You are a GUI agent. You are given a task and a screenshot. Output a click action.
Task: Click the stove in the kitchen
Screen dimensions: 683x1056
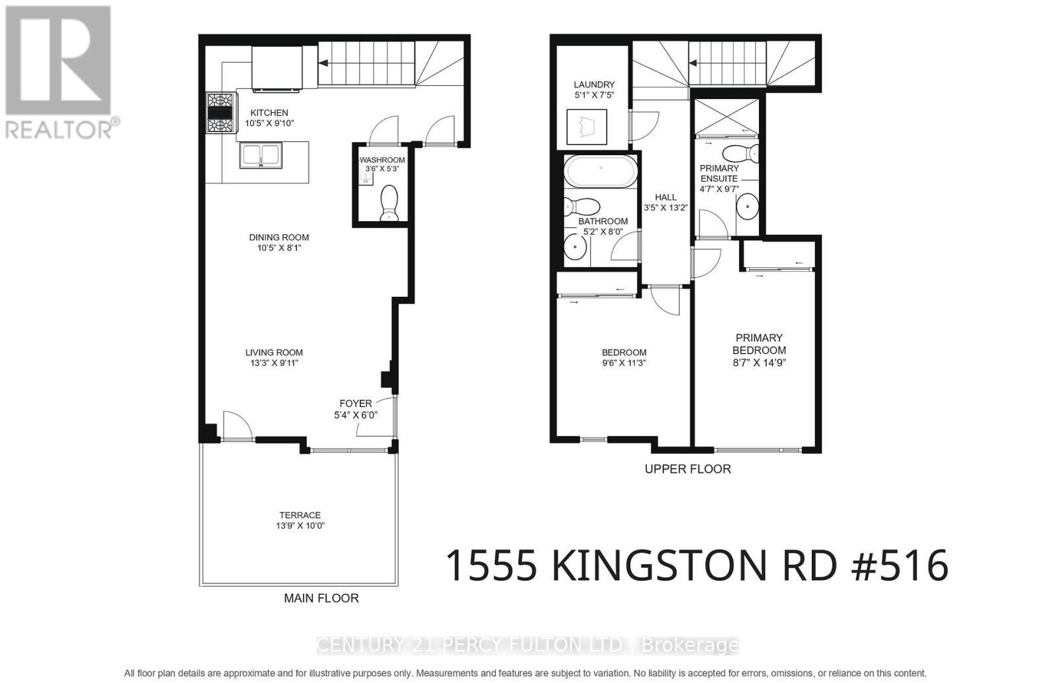(x=220, y=113)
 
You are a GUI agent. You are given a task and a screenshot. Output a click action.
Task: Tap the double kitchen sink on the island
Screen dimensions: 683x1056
(x=262, y=156)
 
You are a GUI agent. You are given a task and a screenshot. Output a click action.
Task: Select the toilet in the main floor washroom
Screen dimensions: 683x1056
(x=389, y=203)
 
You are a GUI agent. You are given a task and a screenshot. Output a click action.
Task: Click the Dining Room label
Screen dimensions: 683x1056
(x=279, y=238)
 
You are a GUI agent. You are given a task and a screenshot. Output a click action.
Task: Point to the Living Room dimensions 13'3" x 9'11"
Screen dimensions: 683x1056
(x=274, y=363)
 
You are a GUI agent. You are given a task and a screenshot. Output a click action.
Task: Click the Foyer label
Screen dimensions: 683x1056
(x=356, y=403)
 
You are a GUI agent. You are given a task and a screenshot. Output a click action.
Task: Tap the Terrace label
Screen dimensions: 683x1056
(x=300, y=515)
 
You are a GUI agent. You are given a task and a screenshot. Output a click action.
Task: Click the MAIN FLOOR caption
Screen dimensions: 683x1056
(x=321, y=599)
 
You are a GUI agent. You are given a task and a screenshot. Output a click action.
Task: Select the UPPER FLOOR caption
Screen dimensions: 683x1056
(x=688, y=469)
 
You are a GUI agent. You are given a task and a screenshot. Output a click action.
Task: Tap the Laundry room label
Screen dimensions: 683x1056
(x=594, y=84)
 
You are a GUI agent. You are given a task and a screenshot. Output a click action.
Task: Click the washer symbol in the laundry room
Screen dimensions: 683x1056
(x=587, y=127)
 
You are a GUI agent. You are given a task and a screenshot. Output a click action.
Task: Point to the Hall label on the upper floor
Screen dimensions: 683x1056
(x=665, y=197)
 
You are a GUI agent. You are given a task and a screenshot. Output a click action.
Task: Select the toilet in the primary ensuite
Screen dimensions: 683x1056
(x=739, y=154)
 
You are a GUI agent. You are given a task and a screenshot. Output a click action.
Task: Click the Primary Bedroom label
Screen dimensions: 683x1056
(x=759, y=344)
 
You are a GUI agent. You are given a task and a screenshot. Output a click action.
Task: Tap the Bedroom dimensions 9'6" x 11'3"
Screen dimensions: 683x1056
(x=624, y=363)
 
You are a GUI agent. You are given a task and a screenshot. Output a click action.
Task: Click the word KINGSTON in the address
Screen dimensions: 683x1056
(x=659, y=566)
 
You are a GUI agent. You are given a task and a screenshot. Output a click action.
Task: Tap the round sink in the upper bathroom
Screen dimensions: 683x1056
(x=576, y=246)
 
